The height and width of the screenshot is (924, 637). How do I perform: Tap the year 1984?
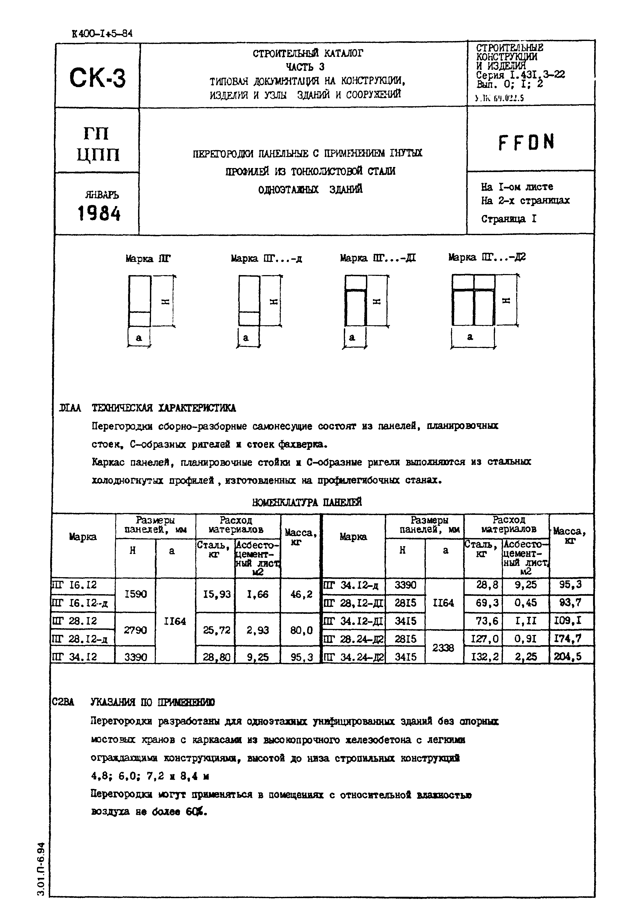(x=99, y=214)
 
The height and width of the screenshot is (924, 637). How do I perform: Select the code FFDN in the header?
(x=526, y=142)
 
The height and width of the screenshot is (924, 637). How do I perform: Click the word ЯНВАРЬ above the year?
(x=102, y=195)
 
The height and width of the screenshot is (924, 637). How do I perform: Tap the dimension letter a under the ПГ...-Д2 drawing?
(x=470, y=337)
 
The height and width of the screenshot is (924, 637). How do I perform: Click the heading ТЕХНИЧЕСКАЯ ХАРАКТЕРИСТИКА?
(x=164, y=408)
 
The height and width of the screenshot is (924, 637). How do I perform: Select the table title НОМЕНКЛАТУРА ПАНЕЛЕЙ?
(x=307, y=502)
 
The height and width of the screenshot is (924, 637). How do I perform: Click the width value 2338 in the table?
(x=443, y=648)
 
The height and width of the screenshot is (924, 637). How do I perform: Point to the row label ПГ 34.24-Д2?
(x=353, y=656)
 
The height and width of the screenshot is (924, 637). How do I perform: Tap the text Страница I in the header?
(x=508, y=219)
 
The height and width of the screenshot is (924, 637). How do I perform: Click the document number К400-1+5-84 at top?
(x=102, y=34)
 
